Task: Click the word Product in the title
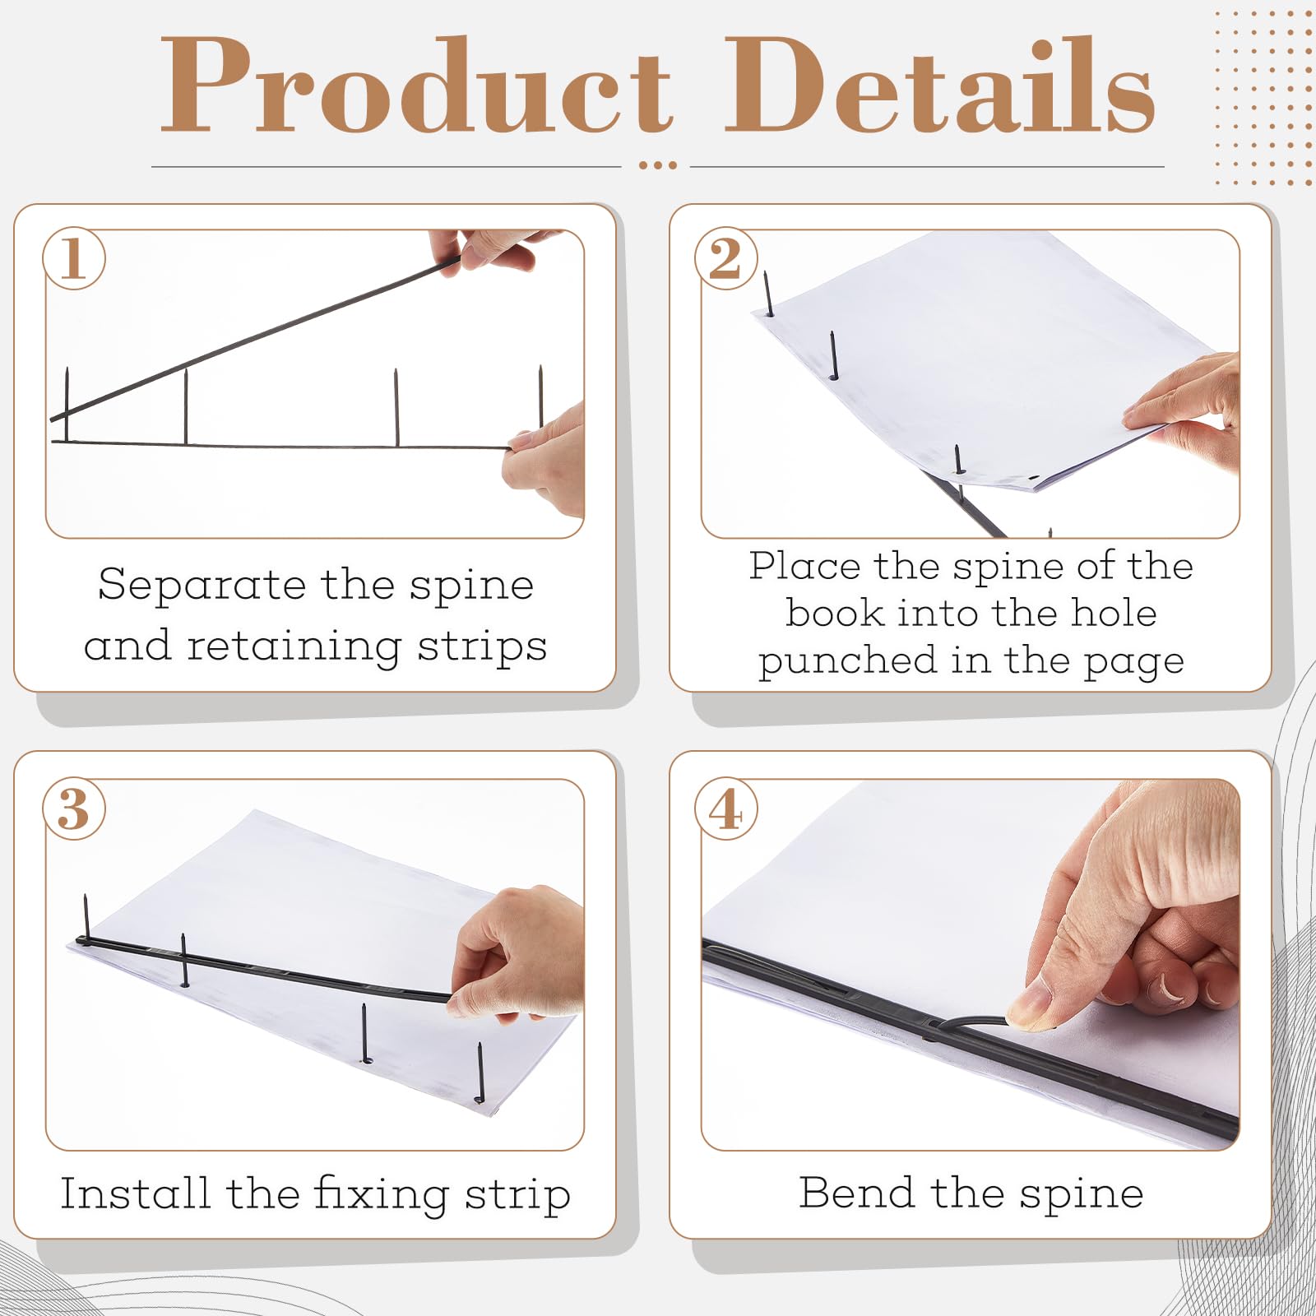[x=415, y=86]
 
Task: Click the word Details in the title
[x=939, y=86]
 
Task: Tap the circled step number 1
[x=74, y=258]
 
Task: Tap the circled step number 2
[x=725, y=258]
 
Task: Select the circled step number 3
[x=74, y=809]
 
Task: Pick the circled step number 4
[x=725, y=809]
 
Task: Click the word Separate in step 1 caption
[x=202, y=586]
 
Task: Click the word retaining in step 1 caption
[x=294, y=646]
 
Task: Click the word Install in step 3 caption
[x=135, y=1194]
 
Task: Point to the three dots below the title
[x=657, y=165]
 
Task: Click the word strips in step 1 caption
[x=482, y=646]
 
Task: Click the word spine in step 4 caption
[x=1081, y=1195]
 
